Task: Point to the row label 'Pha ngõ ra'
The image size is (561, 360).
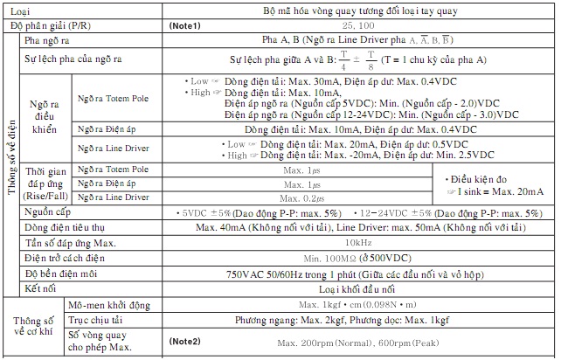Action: (x=47, y=41)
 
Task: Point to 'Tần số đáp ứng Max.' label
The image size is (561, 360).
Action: (x=71, y=242)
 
